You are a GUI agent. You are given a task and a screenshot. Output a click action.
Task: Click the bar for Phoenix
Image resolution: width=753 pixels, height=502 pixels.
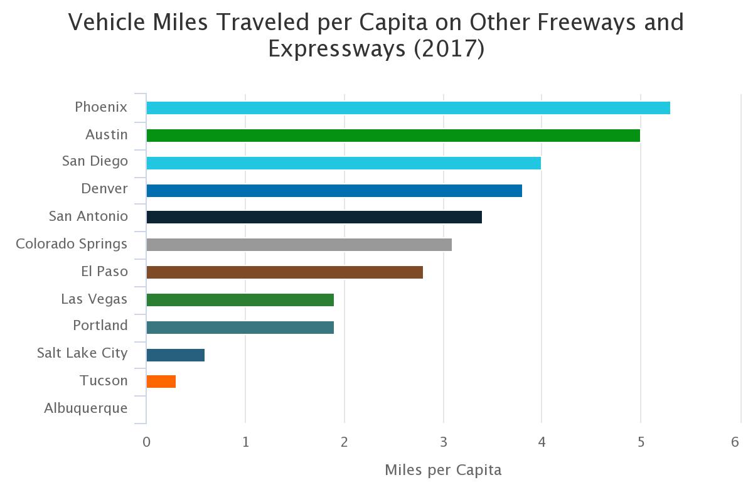pos(408,108)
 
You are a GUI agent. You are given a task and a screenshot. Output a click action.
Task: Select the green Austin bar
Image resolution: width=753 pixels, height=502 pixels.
pos(393,136)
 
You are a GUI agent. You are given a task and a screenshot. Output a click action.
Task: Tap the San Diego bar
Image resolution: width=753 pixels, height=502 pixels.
pos(343,163)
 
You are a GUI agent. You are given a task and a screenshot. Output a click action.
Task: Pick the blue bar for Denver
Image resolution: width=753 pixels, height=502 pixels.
pos(334,191)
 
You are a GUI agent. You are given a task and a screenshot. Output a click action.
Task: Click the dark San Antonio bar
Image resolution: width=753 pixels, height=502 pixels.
pos(314,217)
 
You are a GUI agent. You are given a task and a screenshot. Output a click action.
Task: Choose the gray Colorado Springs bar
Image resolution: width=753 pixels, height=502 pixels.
pos(299,245)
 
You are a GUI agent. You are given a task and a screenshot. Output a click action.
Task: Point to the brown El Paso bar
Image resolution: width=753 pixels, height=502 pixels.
pos(284,272)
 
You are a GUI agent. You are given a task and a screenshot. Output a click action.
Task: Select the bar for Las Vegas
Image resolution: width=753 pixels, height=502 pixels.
pos(240,300)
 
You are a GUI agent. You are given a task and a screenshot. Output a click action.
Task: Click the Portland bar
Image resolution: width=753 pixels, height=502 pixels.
pos(240,328)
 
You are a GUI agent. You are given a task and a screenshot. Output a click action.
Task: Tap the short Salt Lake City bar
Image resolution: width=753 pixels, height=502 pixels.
pos(175,355)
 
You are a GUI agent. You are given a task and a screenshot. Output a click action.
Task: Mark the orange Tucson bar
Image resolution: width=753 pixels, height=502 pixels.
pos(161,382)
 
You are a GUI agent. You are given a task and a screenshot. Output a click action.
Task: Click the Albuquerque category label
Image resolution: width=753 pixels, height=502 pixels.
pos(86,409)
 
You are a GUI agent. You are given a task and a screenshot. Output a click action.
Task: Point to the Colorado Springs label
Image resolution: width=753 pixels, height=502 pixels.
pos(72,243)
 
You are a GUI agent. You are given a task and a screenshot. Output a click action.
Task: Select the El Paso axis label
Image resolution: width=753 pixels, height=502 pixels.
pos(104,271)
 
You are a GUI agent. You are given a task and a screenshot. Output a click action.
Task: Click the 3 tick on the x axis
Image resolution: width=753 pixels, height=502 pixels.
pos(443,442)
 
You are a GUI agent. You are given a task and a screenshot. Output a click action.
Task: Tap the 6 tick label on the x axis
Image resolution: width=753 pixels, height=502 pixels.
pos(735,442)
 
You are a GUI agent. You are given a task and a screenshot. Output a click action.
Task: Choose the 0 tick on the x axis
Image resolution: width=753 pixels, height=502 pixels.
pos(146,442)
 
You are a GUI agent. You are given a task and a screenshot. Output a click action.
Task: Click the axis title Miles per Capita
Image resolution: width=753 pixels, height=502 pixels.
pos(443,470)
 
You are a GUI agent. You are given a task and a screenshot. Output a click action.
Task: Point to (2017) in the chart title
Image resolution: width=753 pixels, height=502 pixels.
pos(449,49)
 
